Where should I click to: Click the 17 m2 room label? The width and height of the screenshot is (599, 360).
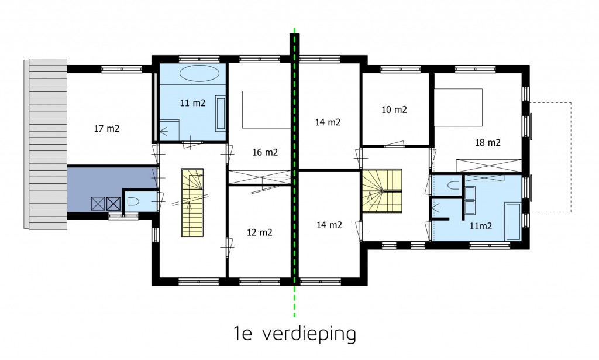pos(106,128)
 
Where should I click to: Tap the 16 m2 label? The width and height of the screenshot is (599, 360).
pos(264,152)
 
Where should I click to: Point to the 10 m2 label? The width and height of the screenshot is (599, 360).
pos(394,109)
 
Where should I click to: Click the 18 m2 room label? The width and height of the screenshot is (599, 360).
pos(487,142)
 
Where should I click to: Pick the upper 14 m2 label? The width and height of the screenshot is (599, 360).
pos(328,122)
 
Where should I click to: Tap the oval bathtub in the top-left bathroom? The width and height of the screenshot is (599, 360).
pos(199,74)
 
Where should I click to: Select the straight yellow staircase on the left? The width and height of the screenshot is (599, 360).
pos(192,202)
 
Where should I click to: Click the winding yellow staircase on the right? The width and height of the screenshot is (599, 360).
pos(381,190)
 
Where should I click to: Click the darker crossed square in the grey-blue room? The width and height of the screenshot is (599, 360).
pos(113,204)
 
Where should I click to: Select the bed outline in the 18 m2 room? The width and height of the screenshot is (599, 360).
pos(458,107)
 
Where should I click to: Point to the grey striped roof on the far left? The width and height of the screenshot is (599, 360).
pos(46,143)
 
